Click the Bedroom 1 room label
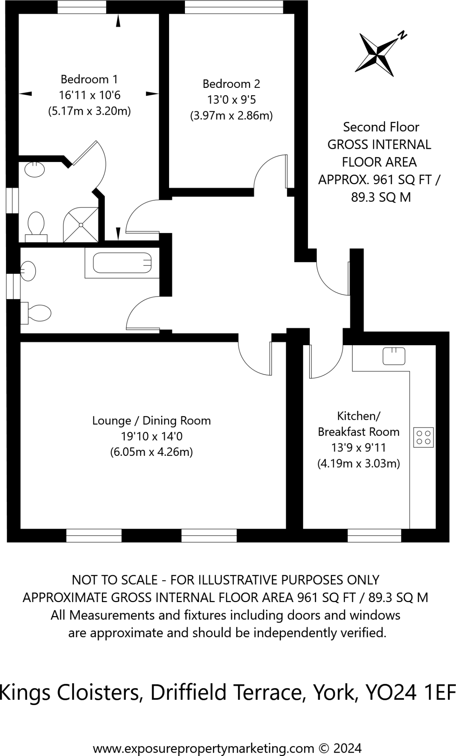pyautogui.click(x=89, y=79)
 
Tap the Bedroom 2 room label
pyautogui.click(x=231, y=84)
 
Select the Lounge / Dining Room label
pyautogui.click(x=151, y=421)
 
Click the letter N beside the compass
pyautogui.click(x=402, y=35)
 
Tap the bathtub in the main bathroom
pyautogui.click(x=122, y=263)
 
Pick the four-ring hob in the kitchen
pyautogui.click(x=423, y=437)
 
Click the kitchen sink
pyautogui.click(x=394, y=355)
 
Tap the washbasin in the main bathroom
pyautogui.click(x=28, y=271)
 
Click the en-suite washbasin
pyautogui.click(x=35, y=169)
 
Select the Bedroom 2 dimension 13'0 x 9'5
pyautogui.click(x=231, y=100)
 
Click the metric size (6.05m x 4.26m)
pyautogui.click(x=151, y=452)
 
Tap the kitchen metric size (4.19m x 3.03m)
pyautogui.click(x=359, y=464)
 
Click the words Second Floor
pyautogui.click(x=381, y=127)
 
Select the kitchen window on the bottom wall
pyautogui.click(x=374, y=535)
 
